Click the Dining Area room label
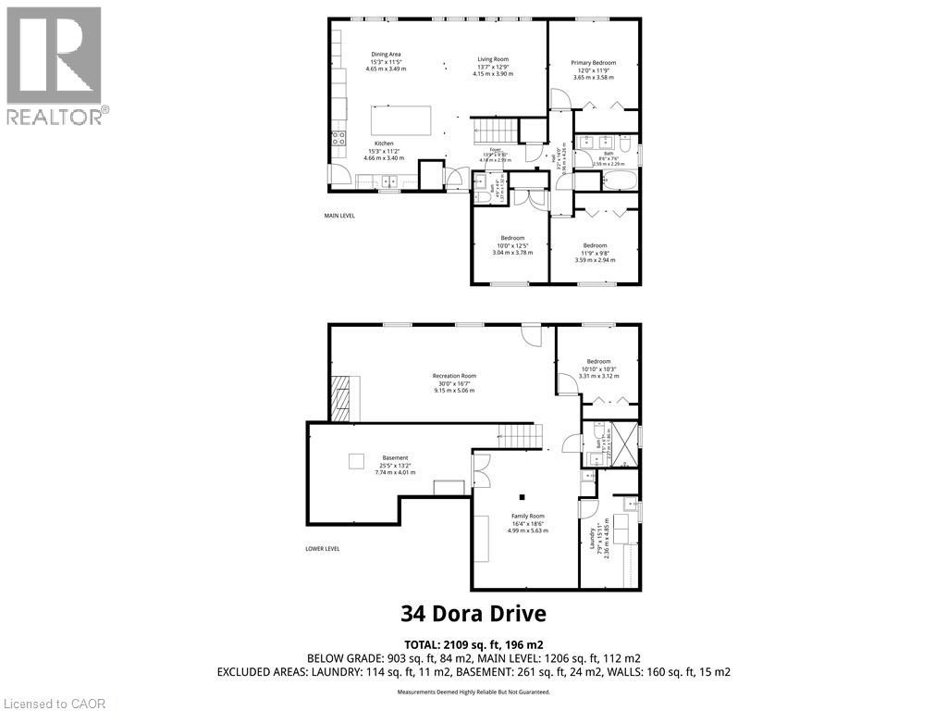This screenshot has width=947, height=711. point(386,61)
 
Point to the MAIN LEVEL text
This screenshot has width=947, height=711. point(339,215)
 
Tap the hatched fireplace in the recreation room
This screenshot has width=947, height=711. point(341,399)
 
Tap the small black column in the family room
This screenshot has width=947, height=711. point(522,494)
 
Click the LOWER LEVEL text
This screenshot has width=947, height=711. point(323,548)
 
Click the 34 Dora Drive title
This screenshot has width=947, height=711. point(473,613)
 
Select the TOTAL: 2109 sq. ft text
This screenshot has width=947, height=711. point(473,643)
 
